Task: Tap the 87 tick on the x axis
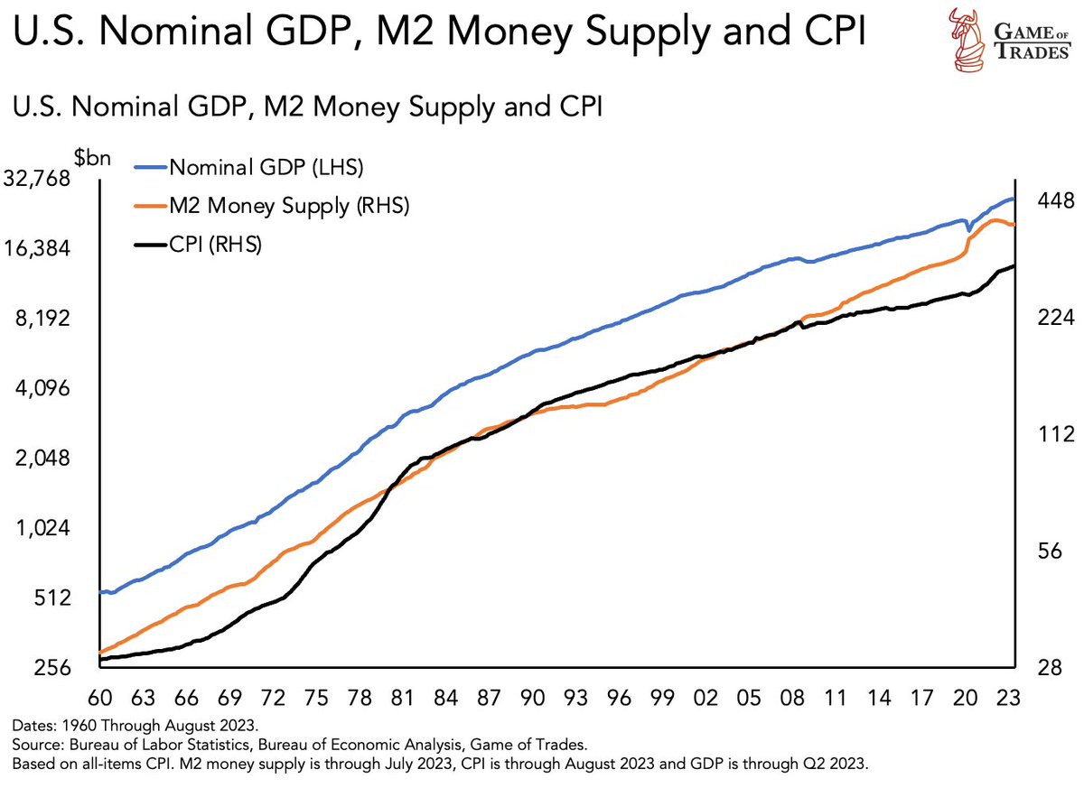490,698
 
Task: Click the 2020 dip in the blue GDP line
969,229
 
